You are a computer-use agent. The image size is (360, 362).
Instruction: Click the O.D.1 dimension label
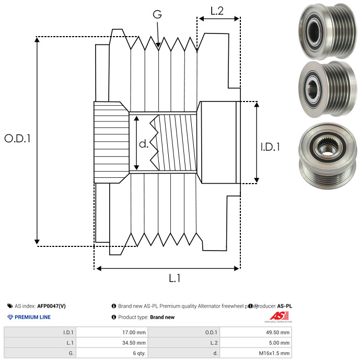tap(18, 139)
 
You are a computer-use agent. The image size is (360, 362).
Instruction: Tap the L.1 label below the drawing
tap(174, 279)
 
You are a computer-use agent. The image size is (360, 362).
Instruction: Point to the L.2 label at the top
tap(217, 10)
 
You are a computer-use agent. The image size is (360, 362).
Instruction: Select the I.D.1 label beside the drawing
tap(270, 148)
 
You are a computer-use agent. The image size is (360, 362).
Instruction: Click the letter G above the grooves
tap(157, 14)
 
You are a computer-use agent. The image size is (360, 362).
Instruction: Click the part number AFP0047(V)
tap(52, 306)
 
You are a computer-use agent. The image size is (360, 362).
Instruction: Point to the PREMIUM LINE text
tap(32, 317)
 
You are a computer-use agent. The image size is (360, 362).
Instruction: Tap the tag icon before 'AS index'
tap(10, 306)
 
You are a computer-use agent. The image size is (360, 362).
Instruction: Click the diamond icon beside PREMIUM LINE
tap(10, 317)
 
